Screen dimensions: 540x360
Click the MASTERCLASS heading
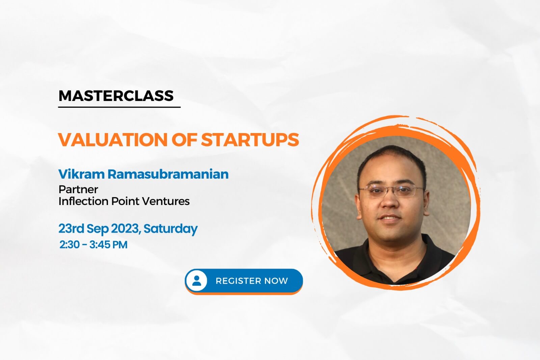point(116,96)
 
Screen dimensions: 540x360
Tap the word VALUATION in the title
point(113,140)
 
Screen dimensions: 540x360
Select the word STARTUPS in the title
point(250,140)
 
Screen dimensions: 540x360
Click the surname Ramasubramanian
point(168,174)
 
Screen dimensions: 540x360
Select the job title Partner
point(78,189)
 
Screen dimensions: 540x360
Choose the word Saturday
point(171,229)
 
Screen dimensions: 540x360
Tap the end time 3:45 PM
point(108,245)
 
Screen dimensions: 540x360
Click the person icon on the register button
point(197,280)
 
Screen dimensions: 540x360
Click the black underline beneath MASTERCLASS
point(119,107)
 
